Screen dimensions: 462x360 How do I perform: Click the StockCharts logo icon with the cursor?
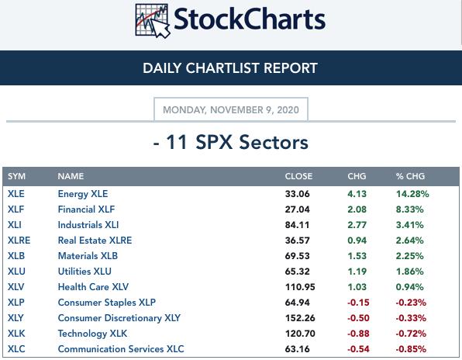coord(153,20)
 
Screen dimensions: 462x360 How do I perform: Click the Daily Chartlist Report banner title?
coord(230,68)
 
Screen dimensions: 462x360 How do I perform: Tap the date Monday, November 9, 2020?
coord(231,110)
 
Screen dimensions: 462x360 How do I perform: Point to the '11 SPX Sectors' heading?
coord(237,142)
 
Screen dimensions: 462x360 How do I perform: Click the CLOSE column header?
coord(298,176)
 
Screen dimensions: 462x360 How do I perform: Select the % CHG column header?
coord(410,176)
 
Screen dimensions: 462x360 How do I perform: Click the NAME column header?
coord(71,176)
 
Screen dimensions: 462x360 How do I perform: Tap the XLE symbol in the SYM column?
coord(16,194)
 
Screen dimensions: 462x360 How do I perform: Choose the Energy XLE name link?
coord(83,194)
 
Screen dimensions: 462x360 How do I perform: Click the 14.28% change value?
coord(412,194)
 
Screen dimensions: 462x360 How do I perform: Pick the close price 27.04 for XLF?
coord(298,209)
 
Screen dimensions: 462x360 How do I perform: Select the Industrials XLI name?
coord(88,225)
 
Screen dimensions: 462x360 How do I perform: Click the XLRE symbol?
coord(19,241)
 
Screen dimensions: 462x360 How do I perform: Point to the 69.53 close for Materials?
coord(298,256)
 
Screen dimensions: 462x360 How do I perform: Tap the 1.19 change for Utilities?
coord(357,272)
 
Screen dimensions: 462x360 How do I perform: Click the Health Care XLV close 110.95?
coord(300,287)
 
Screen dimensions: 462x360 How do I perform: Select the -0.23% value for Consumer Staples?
coord(411,303)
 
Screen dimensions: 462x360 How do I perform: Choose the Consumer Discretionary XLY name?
coord(119,318)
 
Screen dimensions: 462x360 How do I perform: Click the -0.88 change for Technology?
coord(358,334)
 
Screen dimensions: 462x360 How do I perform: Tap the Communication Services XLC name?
coord(121,349)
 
